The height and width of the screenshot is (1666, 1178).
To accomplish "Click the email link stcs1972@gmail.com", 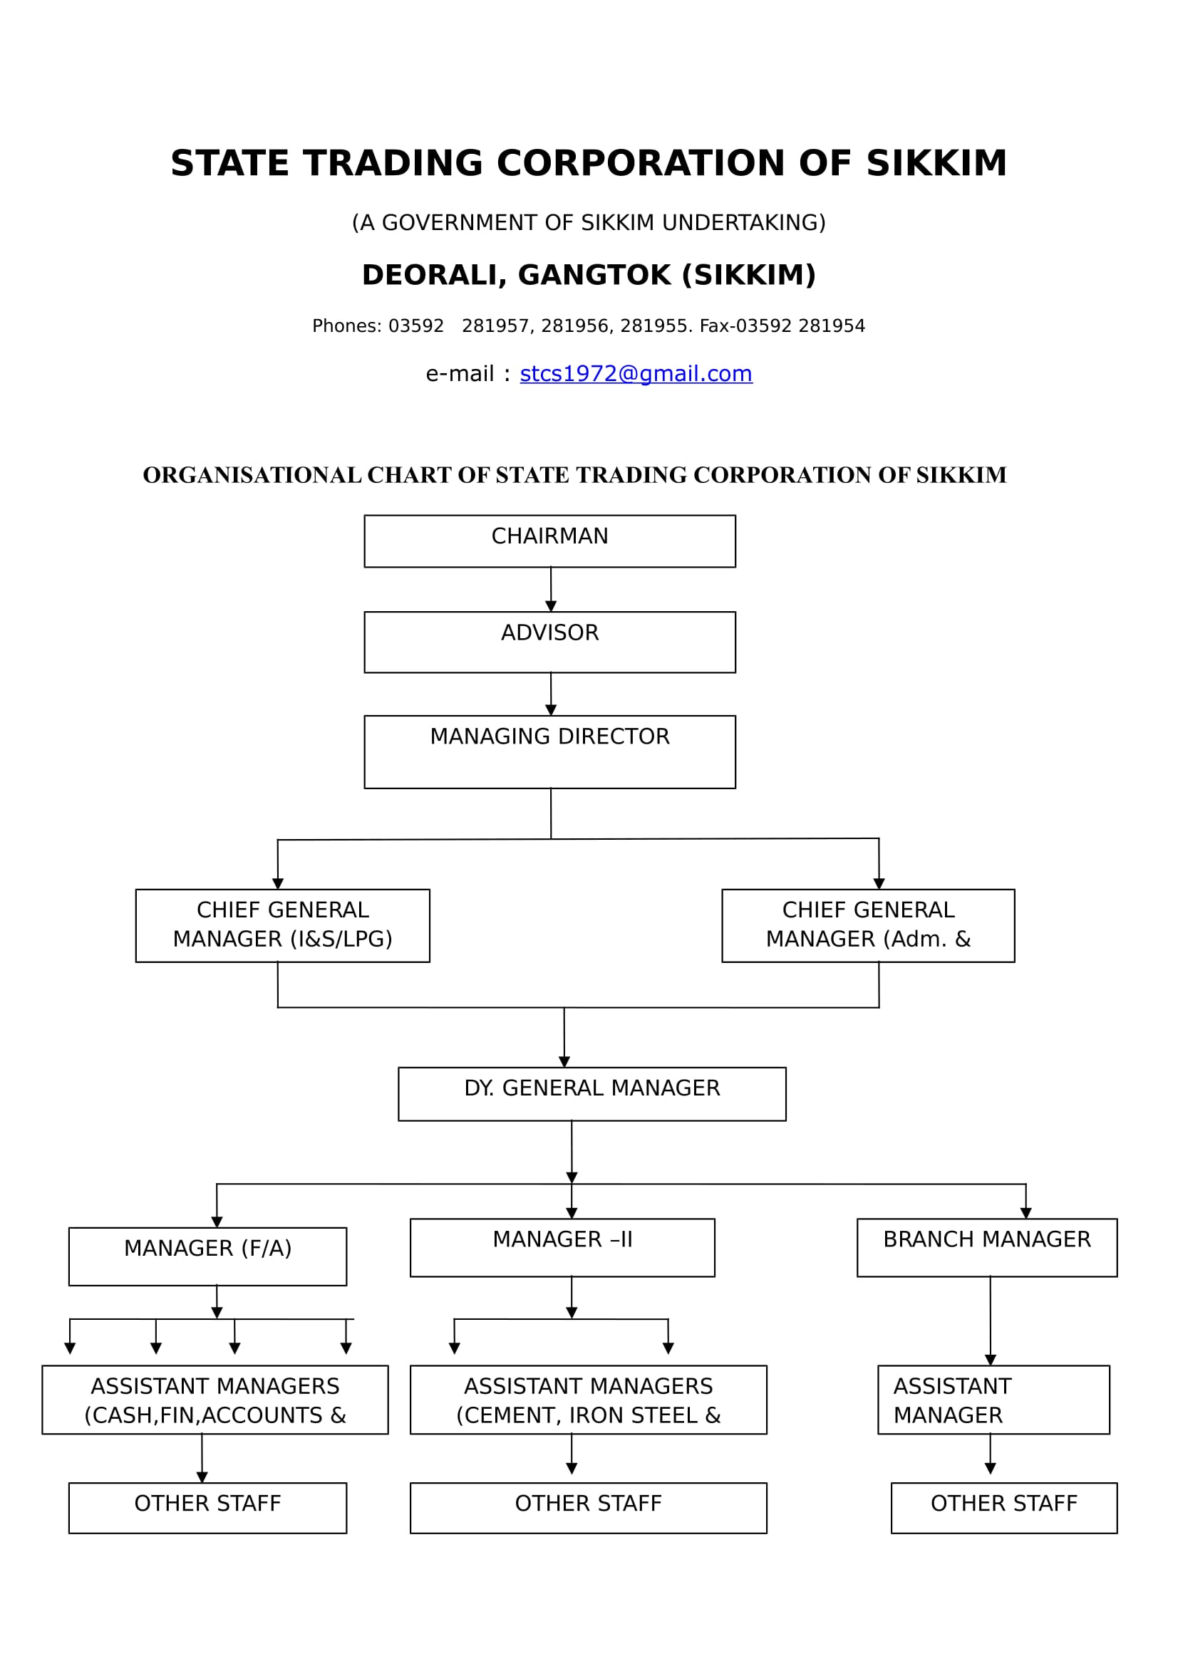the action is pyautogui.click(x=636, y=374).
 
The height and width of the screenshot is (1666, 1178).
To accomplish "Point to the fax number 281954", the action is pyautogui.click(x=832, y=326).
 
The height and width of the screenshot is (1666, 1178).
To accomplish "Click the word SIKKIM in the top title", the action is pyautogui.click(x=936, y=163).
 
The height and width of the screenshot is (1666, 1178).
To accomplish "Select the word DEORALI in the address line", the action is pyautogui.click(x=434, y=276).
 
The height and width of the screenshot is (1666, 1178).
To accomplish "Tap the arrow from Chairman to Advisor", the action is pyautogui.click(x=551, y=590).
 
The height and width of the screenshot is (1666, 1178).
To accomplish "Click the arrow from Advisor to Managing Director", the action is pyautogui.click(x=551, y=694).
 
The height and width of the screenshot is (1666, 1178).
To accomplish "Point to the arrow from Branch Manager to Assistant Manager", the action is pyautogui.click(x=990, y=1321).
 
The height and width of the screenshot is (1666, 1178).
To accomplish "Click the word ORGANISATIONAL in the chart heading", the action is pyautogui.click(x=252, y=475).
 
